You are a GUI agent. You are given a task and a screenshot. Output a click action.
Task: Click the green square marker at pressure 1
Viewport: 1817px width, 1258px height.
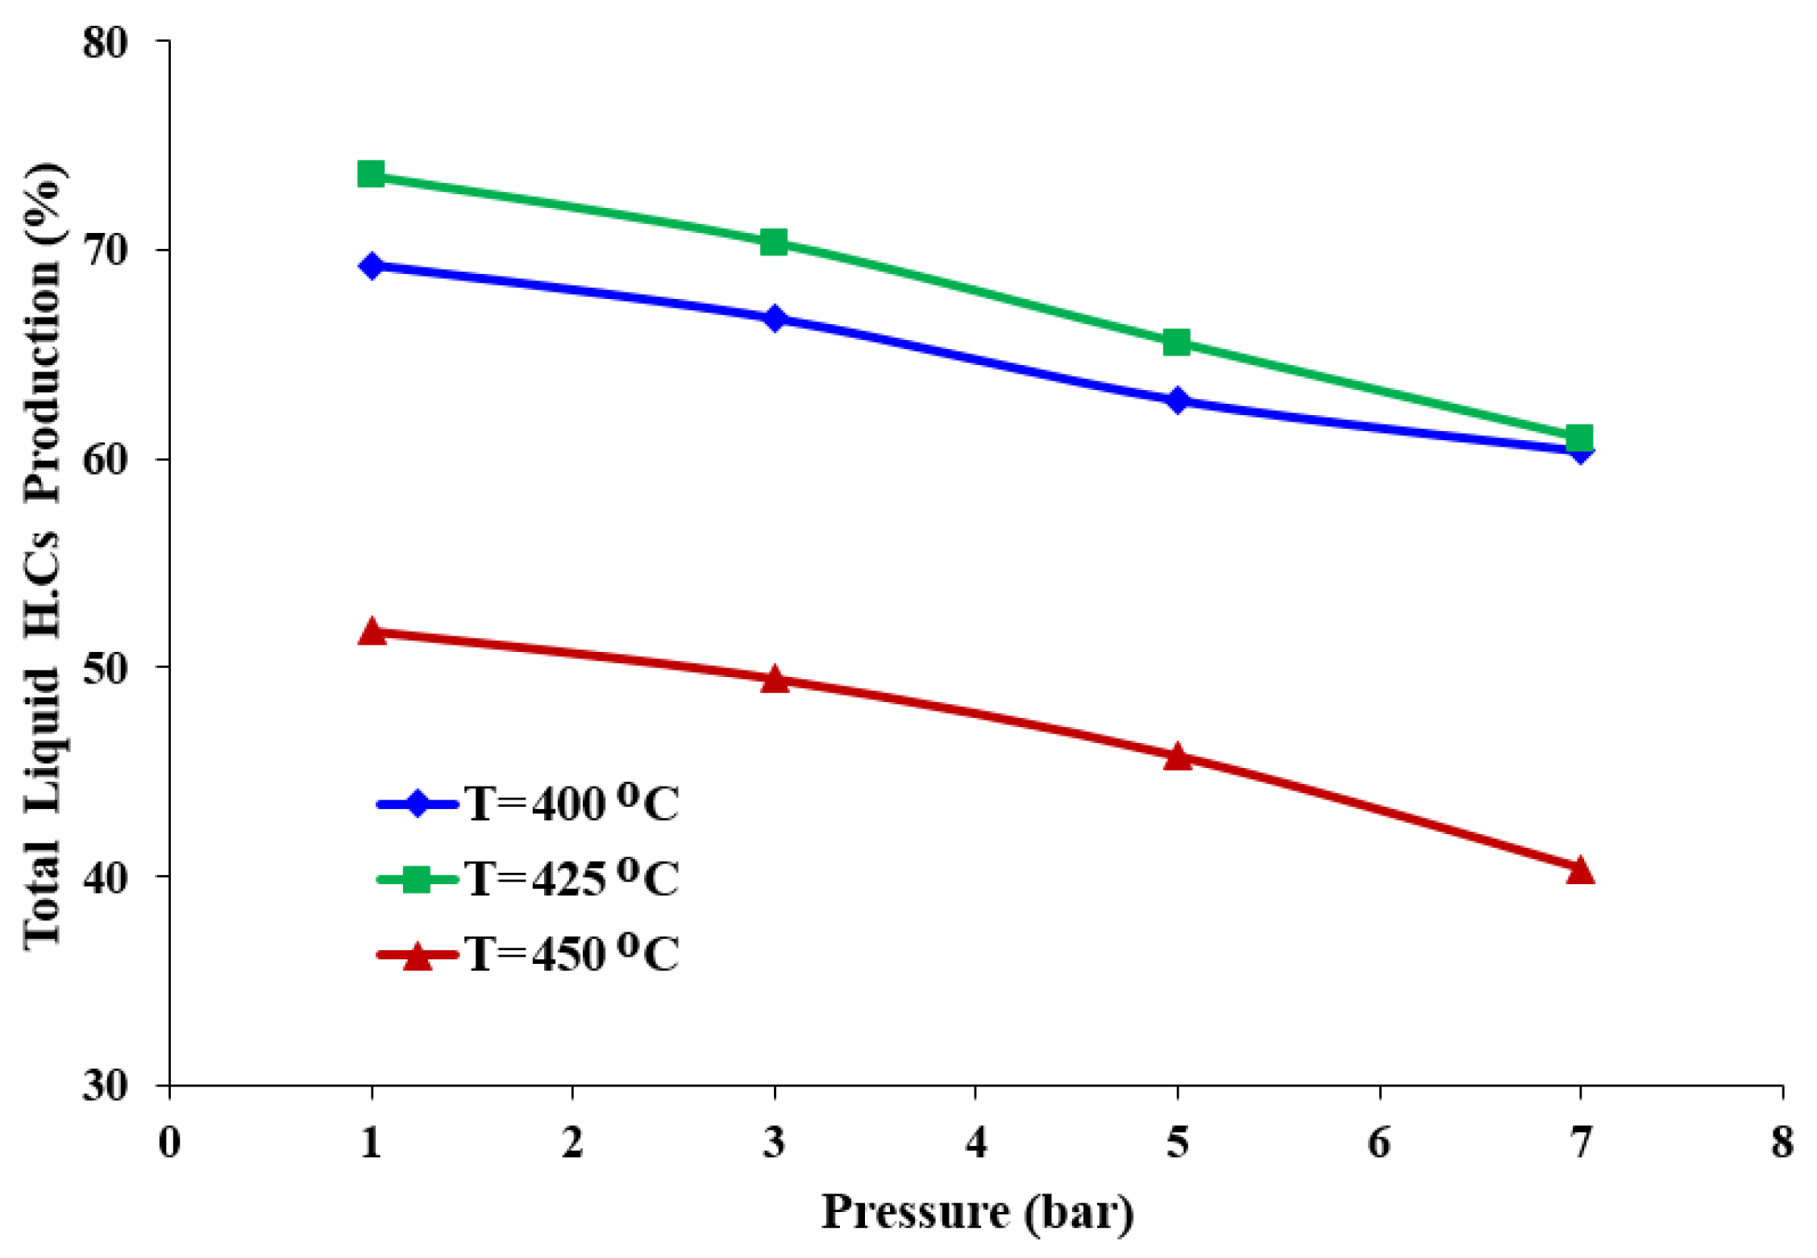click(371, 173)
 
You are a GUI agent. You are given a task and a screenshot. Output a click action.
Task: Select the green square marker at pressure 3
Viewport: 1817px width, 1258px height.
click(774, 242)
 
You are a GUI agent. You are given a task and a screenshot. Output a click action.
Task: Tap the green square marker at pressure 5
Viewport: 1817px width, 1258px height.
click(1177, 343)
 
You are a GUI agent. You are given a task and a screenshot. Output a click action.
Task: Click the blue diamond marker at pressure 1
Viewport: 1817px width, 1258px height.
click(371, 265)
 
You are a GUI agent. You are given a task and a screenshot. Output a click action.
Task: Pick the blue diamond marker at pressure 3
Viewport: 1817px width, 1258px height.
click(774, 318)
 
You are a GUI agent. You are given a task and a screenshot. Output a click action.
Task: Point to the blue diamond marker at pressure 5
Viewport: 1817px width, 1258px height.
click(1177, 400)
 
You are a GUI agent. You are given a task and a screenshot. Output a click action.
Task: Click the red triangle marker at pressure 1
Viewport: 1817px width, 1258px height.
click(371, 632)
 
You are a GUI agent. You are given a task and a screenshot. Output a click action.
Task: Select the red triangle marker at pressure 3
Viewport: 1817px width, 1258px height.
click(774, 679)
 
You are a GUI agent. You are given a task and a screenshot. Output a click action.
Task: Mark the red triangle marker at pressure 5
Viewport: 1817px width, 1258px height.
click(1177, 757)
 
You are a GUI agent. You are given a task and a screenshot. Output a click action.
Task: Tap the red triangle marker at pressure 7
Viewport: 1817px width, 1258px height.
click(1580, 870)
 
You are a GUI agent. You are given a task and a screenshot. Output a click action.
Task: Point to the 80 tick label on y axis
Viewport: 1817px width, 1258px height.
click(105, 42)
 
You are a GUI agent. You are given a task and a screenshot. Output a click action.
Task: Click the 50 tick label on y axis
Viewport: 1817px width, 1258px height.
click(105, 668)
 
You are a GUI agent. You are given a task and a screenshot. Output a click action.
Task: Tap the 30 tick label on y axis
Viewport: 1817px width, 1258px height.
click(105, 1086)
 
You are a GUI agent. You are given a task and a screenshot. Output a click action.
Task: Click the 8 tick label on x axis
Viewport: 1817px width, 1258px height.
click(1782, 1143)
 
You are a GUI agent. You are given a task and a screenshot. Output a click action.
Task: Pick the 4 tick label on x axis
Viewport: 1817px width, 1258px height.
click(975, 1143)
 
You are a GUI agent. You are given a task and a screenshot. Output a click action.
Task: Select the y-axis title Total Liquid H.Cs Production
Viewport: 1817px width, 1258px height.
click(42, 556)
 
